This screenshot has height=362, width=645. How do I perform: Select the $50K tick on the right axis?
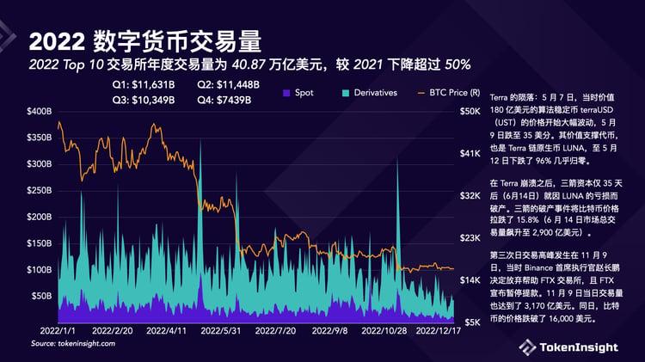click(x=471, y=112)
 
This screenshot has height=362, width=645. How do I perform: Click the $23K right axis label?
click(x=471, y=238)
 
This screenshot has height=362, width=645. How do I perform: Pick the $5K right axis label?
click(x=471, y=322)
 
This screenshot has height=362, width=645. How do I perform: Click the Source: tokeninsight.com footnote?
click(x=73, y=343)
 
